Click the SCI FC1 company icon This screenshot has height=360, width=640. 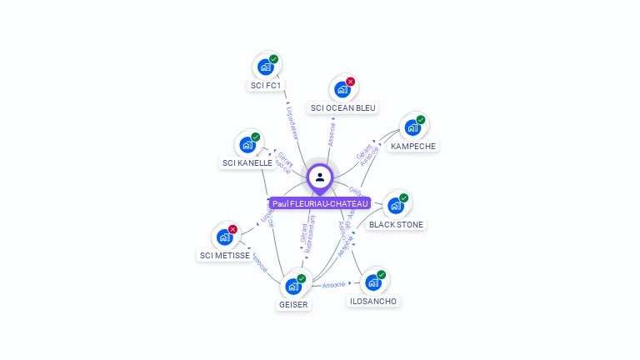pos(267,67)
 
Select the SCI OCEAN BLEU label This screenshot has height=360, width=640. pos(343,107)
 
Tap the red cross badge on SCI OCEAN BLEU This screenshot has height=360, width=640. pos(351,82)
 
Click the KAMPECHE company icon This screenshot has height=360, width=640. pos(412,127)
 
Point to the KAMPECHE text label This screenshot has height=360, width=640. pos(413,146)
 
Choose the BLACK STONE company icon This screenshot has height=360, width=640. pos(396,205)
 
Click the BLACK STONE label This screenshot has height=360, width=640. pos(397,224)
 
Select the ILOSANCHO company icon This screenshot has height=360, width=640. pos(373,282)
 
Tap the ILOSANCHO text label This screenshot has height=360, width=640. pos(373,301)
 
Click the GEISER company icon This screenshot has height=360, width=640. pos(293,286)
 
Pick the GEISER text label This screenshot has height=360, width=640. pos(293,304)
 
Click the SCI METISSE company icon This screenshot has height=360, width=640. pos(225,237)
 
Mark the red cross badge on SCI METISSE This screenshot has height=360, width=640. pos(233,229)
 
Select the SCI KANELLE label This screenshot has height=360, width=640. pos(247,162)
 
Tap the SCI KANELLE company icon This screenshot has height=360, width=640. pos(247,144)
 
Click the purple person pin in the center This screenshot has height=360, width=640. pos(320,177)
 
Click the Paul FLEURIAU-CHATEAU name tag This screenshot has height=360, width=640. pos(320,203)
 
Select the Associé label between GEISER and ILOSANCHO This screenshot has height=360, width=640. pos(334,285)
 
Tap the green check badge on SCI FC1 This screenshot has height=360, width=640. pos(274,59)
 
